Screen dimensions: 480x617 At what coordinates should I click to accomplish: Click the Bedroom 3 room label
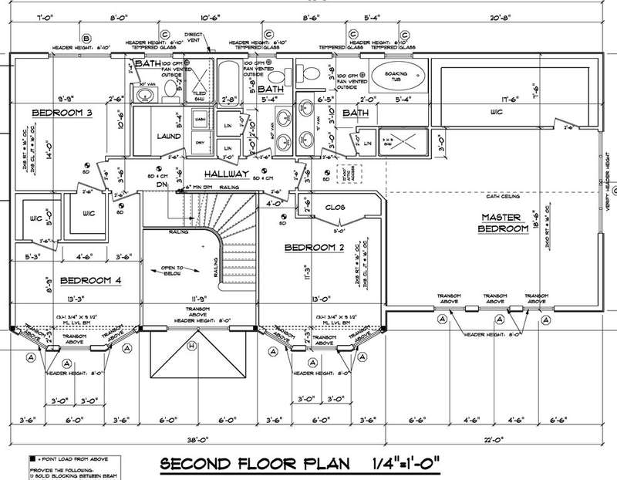(62, 113)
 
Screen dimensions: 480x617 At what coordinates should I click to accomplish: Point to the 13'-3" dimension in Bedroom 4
(76, 296)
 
